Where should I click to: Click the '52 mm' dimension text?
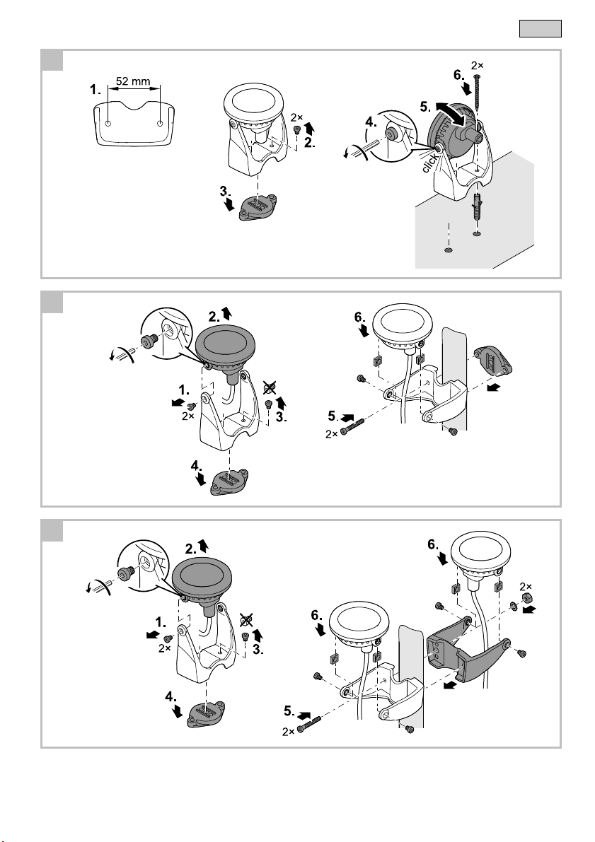(133, 81)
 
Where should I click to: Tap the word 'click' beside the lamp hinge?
(430, 163)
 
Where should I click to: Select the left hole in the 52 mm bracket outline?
(108, 124)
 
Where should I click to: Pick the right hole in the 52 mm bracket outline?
(160, 124)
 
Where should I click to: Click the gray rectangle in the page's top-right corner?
(541, 28)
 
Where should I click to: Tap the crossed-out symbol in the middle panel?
(270, 387)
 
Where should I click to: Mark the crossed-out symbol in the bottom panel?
(246, 620)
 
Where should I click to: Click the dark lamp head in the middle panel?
(225, 349)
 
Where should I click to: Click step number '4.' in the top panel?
(371, 122)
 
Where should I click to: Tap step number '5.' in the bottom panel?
(289, 711)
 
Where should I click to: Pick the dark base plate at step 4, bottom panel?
(206, 715)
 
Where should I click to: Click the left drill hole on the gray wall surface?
(448, 250)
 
